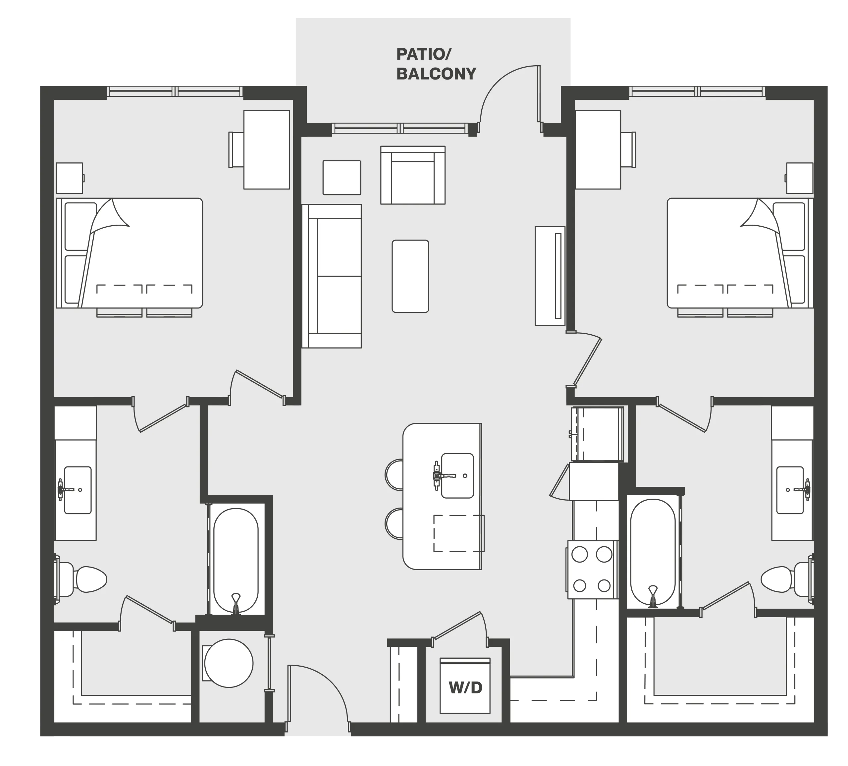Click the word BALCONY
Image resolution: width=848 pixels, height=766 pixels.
[x=436, y=74]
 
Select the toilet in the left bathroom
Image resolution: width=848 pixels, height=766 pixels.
[x=81, y=579]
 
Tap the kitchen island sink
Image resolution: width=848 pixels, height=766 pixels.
[x=457, y=475]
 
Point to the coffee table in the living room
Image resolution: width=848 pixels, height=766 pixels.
[x=410, y=276]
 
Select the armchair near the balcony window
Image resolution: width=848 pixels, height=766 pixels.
[x=413, y=175]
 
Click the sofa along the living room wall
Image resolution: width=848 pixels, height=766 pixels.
[x=332, y=276]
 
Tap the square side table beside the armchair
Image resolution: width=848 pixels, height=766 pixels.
[x=342, y=178]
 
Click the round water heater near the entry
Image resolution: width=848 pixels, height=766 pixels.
[x=229, y=663]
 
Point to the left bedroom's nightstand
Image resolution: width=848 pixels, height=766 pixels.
[x=70, y=178]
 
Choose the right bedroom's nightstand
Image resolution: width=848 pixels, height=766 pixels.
[x=799, y=178]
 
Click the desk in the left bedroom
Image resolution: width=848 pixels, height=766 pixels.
[x=266, y=149]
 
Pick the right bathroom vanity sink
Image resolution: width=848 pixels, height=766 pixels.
[x=791, y=490]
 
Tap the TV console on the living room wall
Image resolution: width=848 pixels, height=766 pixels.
[x=550, y=276]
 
